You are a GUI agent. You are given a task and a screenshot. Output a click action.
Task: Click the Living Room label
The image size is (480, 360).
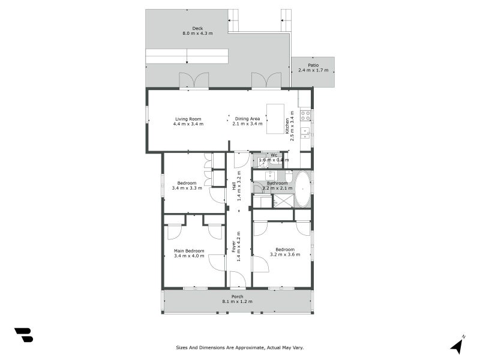click(x=188, y=118)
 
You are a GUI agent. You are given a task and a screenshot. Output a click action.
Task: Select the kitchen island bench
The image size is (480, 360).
click(x=275, y=119)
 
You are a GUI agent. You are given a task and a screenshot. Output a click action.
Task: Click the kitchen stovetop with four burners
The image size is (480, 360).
click(x=305, y=114)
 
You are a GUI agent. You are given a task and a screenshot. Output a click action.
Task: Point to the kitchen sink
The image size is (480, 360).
click(x=305, y=131)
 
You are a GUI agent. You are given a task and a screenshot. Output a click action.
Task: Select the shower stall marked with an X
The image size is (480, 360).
click(x=283, y=201)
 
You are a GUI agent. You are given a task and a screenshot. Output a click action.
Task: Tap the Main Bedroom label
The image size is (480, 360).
click(x=189, y=251)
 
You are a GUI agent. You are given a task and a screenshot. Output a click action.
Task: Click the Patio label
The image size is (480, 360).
click(x=313, y=65)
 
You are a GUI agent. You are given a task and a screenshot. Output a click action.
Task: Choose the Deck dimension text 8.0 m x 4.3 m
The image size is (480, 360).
click(x=197, y=34)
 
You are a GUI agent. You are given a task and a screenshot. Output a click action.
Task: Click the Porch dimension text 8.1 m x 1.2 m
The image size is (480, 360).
click(x=237, y=301)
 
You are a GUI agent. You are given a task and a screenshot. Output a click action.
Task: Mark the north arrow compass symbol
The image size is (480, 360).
click(x=457, y=345)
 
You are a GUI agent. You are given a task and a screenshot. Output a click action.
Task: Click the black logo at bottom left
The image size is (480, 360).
click(x=23, y=335)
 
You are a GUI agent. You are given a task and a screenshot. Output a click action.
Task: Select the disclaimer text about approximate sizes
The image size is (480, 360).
click(x=244, y=347)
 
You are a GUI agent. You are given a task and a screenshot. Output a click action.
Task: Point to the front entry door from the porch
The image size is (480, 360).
click(x=238, y=280)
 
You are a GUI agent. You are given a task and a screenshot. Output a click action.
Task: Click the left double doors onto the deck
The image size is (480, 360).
click(x=194, y=80)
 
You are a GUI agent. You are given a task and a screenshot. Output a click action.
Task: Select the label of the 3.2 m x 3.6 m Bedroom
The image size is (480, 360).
click(x=284, y=249)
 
